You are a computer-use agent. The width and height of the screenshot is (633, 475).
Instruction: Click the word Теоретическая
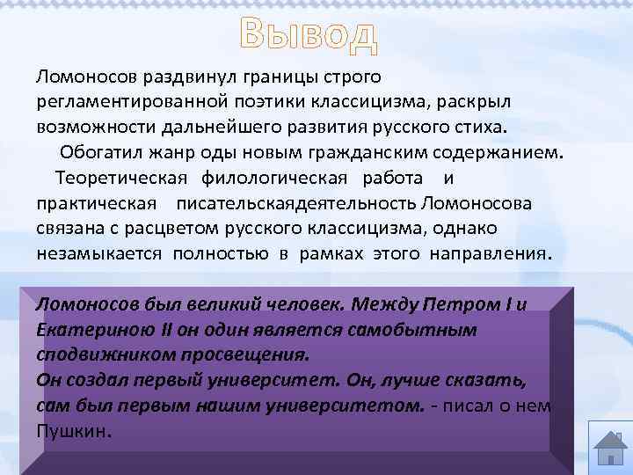[x=121, y=179]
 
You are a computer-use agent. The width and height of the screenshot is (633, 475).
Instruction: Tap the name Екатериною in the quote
[x=84, y=330]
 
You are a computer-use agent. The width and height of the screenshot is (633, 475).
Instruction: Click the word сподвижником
[x=92, y=355]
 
